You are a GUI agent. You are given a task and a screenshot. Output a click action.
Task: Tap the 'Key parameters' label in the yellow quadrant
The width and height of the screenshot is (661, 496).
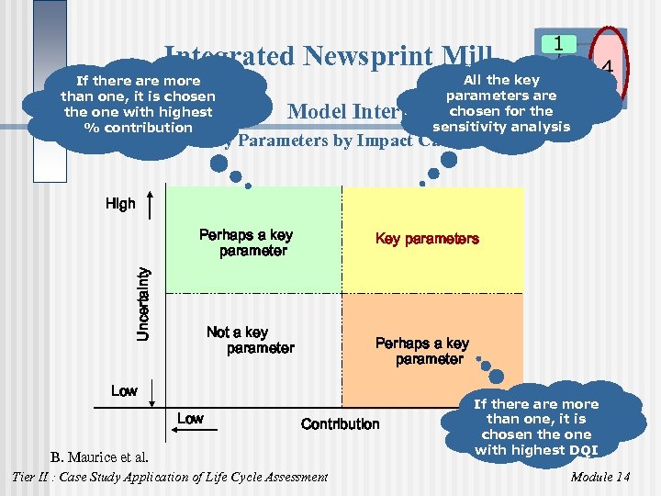[427, 239]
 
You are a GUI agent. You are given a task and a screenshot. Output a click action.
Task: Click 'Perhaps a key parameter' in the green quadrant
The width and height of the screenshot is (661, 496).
[246, 242]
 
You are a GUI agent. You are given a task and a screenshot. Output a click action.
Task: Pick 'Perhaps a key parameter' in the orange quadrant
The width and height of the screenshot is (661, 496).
[423, 351]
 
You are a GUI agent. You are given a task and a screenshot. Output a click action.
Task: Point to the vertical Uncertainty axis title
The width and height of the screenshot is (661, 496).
[143, 303]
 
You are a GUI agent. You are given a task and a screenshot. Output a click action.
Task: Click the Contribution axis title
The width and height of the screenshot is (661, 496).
[340, 423]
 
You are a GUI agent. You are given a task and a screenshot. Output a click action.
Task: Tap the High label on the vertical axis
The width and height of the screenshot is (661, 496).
[120, 204]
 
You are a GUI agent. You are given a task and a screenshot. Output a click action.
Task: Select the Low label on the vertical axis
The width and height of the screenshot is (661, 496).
[124, 391]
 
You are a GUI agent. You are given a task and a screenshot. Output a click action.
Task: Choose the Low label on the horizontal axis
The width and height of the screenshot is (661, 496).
[190, 419]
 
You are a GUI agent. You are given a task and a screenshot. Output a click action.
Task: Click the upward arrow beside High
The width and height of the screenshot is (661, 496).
[151, 204]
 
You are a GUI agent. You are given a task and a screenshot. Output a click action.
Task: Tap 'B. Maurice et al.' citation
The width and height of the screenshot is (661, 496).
[99, 457]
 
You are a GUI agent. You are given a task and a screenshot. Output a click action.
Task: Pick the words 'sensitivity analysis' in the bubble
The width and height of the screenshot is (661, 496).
[500, 127]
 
